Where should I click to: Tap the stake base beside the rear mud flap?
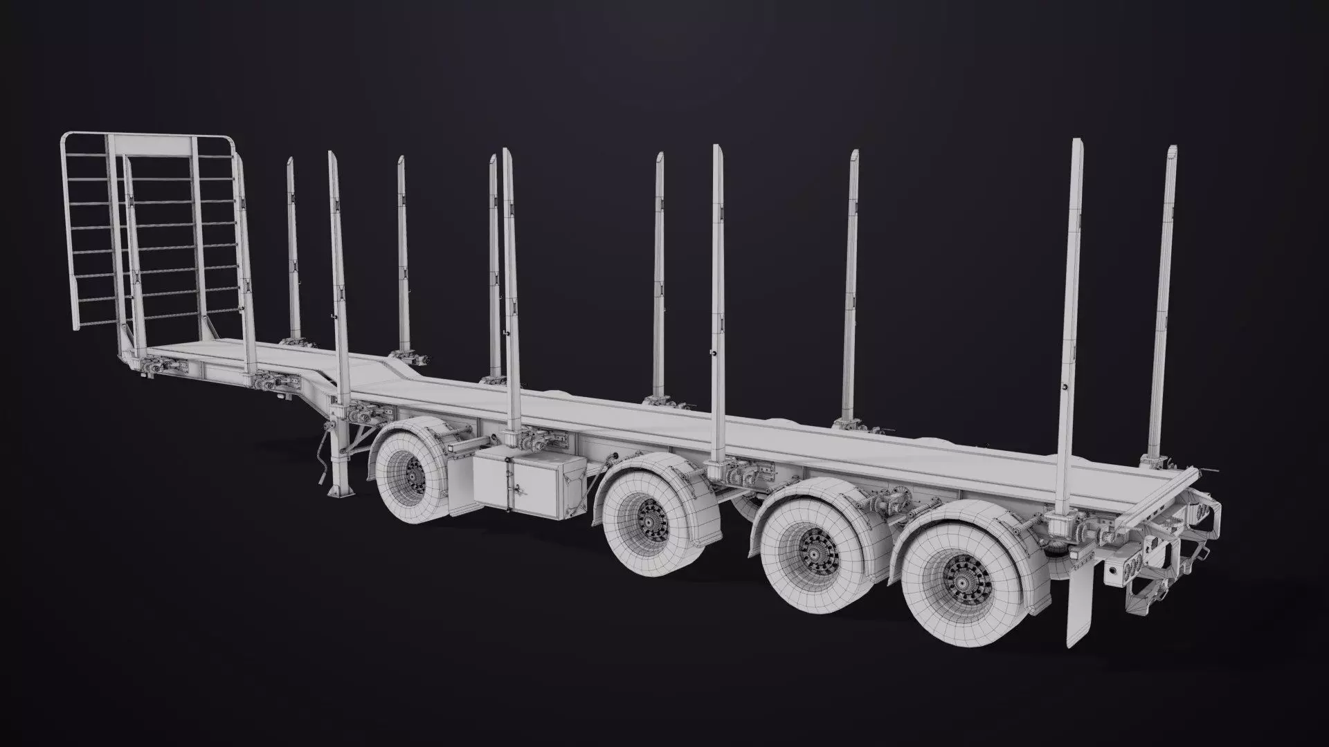[1059, 526]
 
